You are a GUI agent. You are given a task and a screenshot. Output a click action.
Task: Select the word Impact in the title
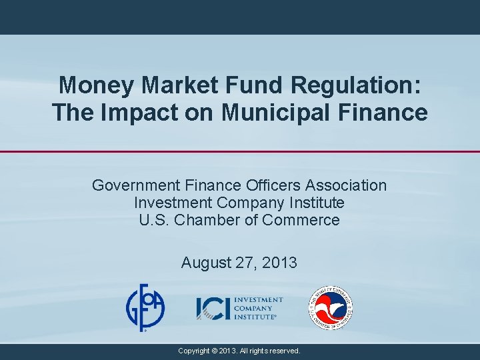coord(137,113)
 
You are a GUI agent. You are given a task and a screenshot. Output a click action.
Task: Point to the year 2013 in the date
coord(279,263)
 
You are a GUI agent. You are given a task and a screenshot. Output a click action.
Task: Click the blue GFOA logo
coord(146,307)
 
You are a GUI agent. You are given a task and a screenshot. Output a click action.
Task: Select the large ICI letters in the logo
coord(213,308)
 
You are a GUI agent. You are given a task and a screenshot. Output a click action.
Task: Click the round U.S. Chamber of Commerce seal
coord(331,308)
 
